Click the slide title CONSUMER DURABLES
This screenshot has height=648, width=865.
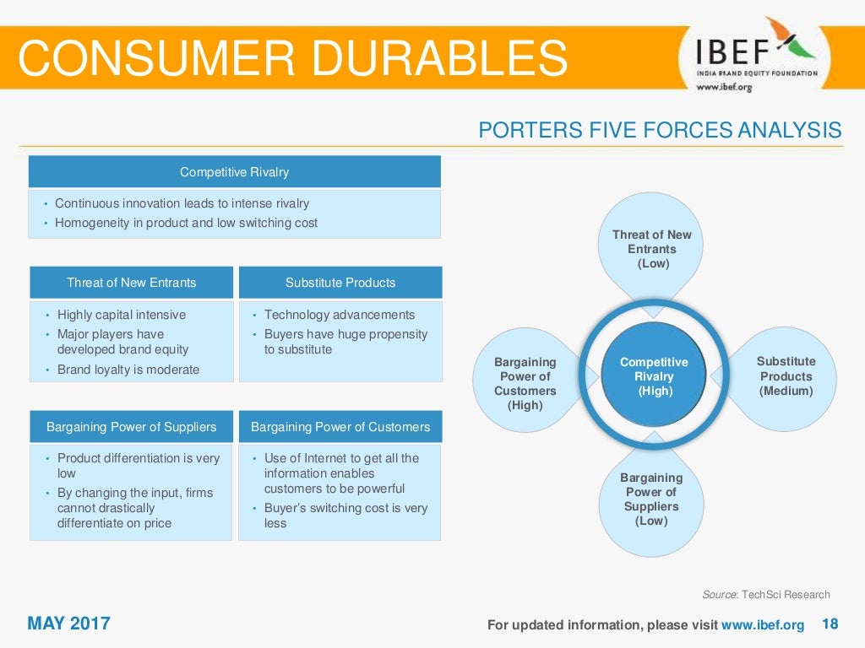coord(292,57)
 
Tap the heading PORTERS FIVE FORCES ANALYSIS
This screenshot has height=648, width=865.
coord(660,130)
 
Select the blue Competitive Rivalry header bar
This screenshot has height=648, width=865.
coord(234,172)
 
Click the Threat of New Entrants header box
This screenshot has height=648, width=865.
coord(131,283)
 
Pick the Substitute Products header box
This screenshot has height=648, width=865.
coord(340,283)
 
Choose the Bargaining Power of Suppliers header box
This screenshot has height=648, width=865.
coord(131,427)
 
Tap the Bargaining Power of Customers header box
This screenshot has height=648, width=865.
coord(340,427)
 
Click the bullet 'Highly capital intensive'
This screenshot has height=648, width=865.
coord(121,315)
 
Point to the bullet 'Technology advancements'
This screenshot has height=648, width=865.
coord(340,315)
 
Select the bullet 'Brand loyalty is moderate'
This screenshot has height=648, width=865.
coord(128,370)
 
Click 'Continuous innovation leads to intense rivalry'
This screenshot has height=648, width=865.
coord(182,203)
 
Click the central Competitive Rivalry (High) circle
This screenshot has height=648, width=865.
coord(654,376)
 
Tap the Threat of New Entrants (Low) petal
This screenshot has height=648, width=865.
coord(652,249)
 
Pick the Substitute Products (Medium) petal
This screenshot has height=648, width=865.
coord(786,376)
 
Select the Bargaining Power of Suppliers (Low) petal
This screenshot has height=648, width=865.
coord(651,499)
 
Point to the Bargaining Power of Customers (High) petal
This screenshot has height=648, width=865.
coord(525,384)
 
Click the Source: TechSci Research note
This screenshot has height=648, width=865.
coord(766,595)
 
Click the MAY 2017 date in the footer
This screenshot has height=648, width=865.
coord(69,624)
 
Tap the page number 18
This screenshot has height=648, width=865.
coord(830,624)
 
